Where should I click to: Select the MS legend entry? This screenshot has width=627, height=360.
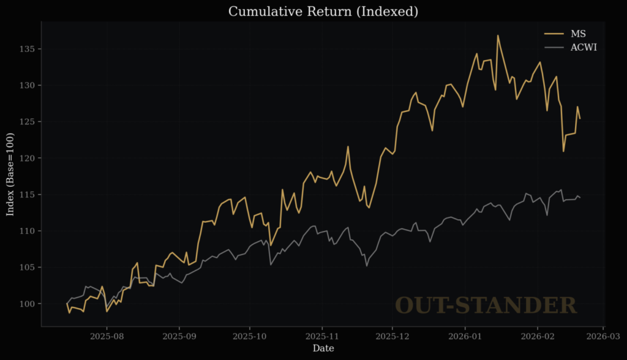click(x=577, y=33)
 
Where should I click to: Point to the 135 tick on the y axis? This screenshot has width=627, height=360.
click(x=27, y=49)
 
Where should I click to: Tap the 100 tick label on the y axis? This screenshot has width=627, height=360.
click(x=27, y=304)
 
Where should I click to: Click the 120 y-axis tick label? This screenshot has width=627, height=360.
click(x=27, y=158)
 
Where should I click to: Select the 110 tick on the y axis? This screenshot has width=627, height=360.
click(x=27, y=231)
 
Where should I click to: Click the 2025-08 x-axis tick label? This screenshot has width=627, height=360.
click(x=107, y=336)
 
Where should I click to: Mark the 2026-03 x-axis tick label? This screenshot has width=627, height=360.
click(x=605, y=336)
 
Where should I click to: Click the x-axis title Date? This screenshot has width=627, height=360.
click(x=323, y=348)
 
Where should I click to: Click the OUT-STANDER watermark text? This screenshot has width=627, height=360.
click(x=486, y=306)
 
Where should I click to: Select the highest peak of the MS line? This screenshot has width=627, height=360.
click(x=498, y=36)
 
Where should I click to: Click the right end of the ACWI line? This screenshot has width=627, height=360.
click(x=580, y=197)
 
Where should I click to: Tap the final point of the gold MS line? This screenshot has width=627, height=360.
click(x=580, y=118)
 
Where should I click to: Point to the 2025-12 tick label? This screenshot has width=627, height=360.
click(x=392, y=336)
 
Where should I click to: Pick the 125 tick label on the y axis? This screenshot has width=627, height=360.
click(x=27, y=122)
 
